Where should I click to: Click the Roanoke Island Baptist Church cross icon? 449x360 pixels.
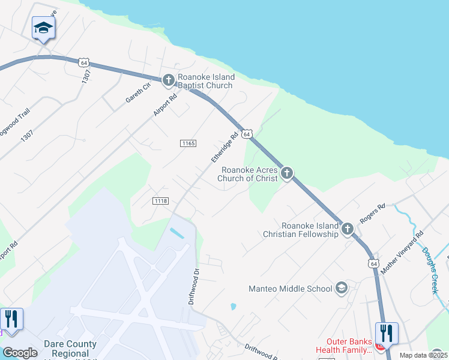pos(169,79)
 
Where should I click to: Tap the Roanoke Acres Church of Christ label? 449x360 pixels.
pos(249,174)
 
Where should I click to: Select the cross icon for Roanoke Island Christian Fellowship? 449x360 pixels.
pos(348,229)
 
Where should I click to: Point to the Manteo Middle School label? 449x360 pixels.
pos(291,289)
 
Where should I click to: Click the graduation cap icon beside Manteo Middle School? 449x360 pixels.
pos(342,288)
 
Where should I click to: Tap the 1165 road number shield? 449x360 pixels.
pos(188,143)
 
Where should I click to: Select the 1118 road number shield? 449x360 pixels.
pos(160,201)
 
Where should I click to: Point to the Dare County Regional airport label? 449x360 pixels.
pos(70,349)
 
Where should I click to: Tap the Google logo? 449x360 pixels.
pos(20,353)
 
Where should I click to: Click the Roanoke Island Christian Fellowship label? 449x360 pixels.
pos(300,229)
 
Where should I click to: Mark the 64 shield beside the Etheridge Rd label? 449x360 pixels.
pos(246,134)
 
